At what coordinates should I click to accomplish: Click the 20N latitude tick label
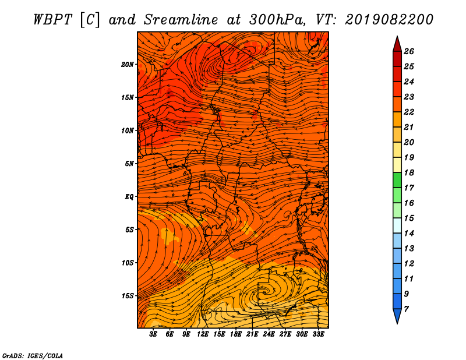(128, 65)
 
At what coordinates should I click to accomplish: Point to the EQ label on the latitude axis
(129, 197)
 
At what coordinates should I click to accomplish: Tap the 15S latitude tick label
(128, 296)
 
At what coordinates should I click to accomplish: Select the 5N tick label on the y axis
(129, 164)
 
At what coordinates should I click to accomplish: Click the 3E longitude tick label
(153, 334)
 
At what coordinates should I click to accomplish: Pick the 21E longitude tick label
(252, 334)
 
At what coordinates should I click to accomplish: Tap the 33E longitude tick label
(318, 334)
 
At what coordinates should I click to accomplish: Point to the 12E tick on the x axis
(202, 334)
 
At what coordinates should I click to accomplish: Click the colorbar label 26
(409, 51)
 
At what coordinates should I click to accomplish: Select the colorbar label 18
(409, 172)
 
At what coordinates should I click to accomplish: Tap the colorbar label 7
(407, 309)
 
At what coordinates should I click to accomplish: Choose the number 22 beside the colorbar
(409, 112)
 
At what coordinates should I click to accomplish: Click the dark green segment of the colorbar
(397, 180)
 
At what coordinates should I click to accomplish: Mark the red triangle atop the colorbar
(397, 45)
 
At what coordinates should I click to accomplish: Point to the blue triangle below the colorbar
(397, 315)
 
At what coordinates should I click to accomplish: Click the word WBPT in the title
(53, 20)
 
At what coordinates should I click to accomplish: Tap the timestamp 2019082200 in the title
(389, 20)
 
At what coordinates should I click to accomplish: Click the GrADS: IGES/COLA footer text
(33, 355)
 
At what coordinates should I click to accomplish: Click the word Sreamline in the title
(181, 20)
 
